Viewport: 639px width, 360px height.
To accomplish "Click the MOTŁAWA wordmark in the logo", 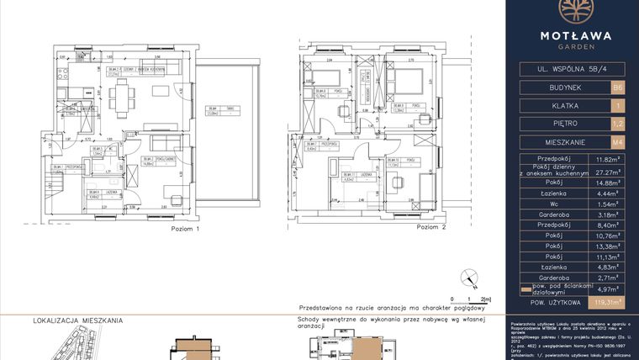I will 572,35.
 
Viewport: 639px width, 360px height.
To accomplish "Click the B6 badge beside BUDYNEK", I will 619,87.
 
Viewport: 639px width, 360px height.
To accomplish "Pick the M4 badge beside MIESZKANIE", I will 619,142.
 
